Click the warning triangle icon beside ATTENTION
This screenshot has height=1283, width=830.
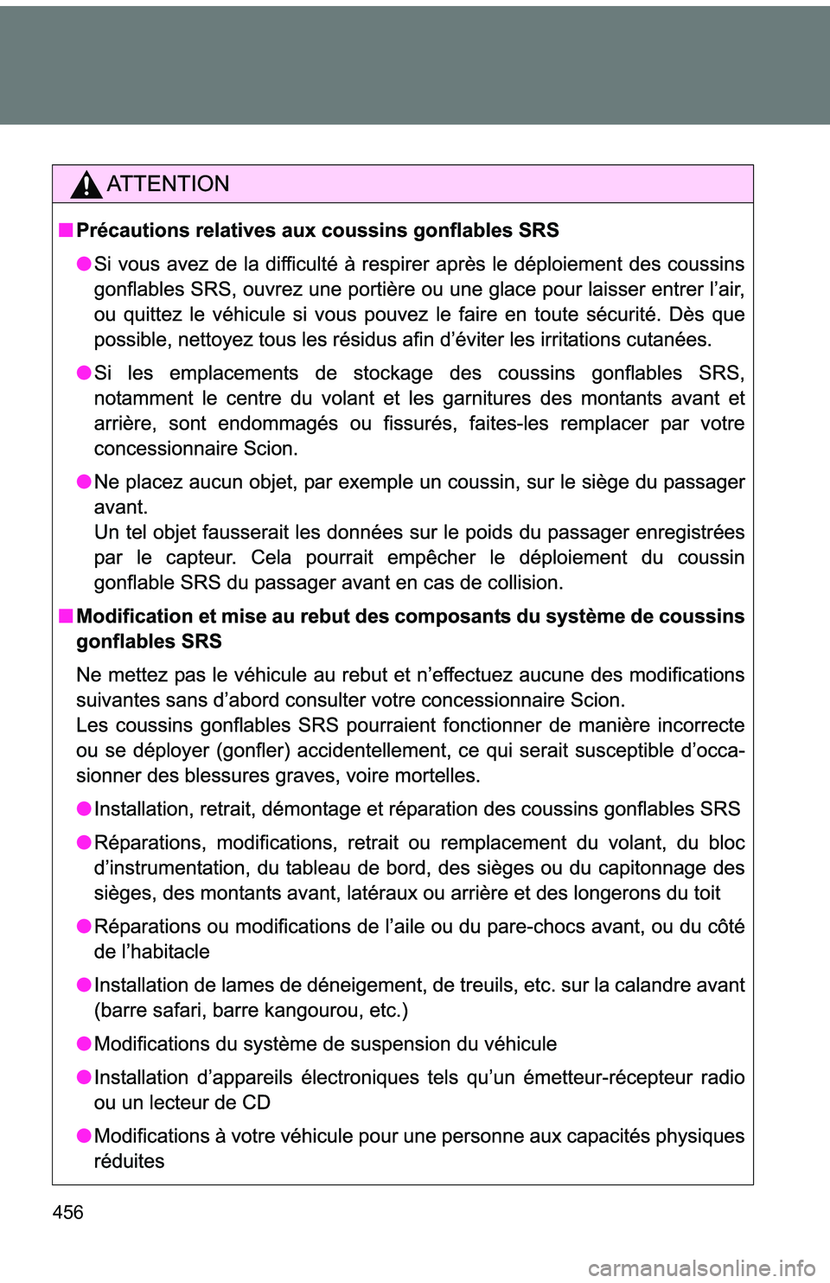pos(86,185)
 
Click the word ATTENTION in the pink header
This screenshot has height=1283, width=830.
pos(168,184)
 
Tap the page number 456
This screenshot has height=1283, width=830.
pos(67,1212)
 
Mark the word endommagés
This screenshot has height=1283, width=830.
pos(278,424)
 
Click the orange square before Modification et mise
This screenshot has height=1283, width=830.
pos(66,616)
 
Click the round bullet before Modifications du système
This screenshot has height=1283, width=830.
pos(83,1044)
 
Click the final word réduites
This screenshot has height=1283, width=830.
pos(129,1162)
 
